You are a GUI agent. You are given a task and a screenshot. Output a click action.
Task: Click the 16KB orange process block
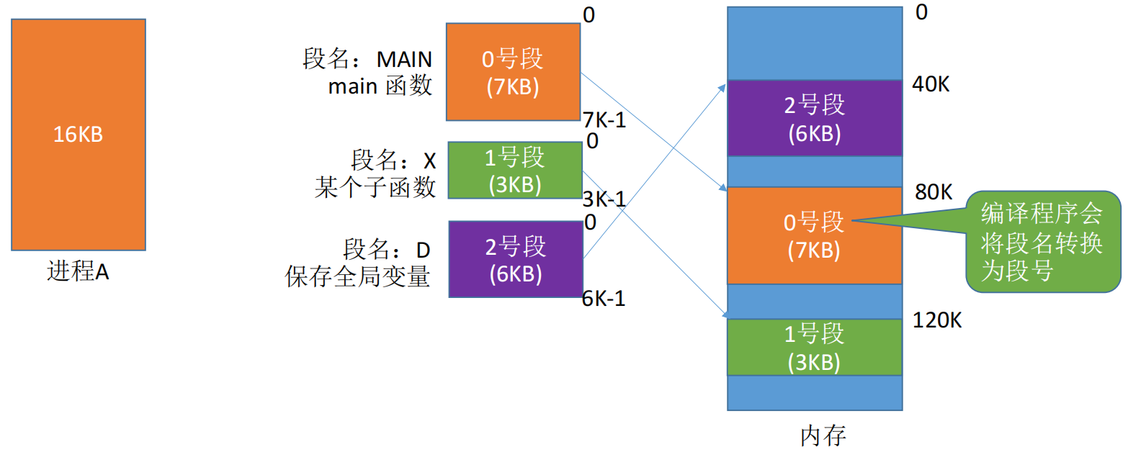79,135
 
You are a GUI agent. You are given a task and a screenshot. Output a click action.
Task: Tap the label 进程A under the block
78,272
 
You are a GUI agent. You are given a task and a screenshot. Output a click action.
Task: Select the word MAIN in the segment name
404,60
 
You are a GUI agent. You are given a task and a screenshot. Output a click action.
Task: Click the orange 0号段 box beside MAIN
513,72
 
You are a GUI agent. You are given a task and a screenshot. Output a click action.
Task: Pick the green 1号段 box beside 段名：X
515,170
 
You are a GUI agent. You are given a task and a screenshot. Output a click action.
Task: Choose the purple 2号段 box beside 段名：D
516,259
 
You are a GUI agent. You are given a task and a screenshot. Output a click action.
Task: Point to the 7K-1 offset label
604,120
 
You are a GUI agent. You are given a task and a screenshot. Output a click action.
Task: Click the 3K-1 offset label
604,199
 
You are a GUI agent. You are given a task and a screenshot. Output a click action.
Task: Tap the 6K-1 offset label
604,299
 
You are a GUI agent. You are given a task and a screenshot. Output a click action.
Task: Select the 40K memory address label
931,84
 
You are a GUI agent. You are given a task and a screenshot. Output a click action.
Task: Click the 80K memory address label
934,191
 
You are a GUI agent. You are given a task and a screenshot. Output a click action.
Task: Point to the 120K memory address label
937,320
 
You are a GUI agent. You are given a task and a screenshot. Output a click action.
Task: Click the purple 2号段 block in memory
815,118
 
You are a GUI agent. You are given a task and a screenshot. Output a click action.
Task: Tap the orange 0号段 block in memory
815,235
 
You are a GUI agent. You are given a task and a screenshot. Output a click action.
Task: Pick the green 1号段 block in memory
815,348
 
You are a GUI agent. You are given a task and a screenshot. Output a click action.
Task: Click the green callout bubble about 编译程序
1042,242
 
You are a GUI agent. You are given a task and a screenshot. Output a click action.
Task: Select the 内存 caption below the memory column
823,435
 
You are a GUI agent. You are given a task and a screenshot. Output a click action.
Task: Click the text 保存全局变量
357,276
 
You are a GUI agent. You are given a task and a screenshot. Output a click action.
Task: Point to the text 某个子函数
375,187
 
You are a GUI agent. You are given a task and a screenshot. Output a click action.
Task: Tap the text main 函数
380,86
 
